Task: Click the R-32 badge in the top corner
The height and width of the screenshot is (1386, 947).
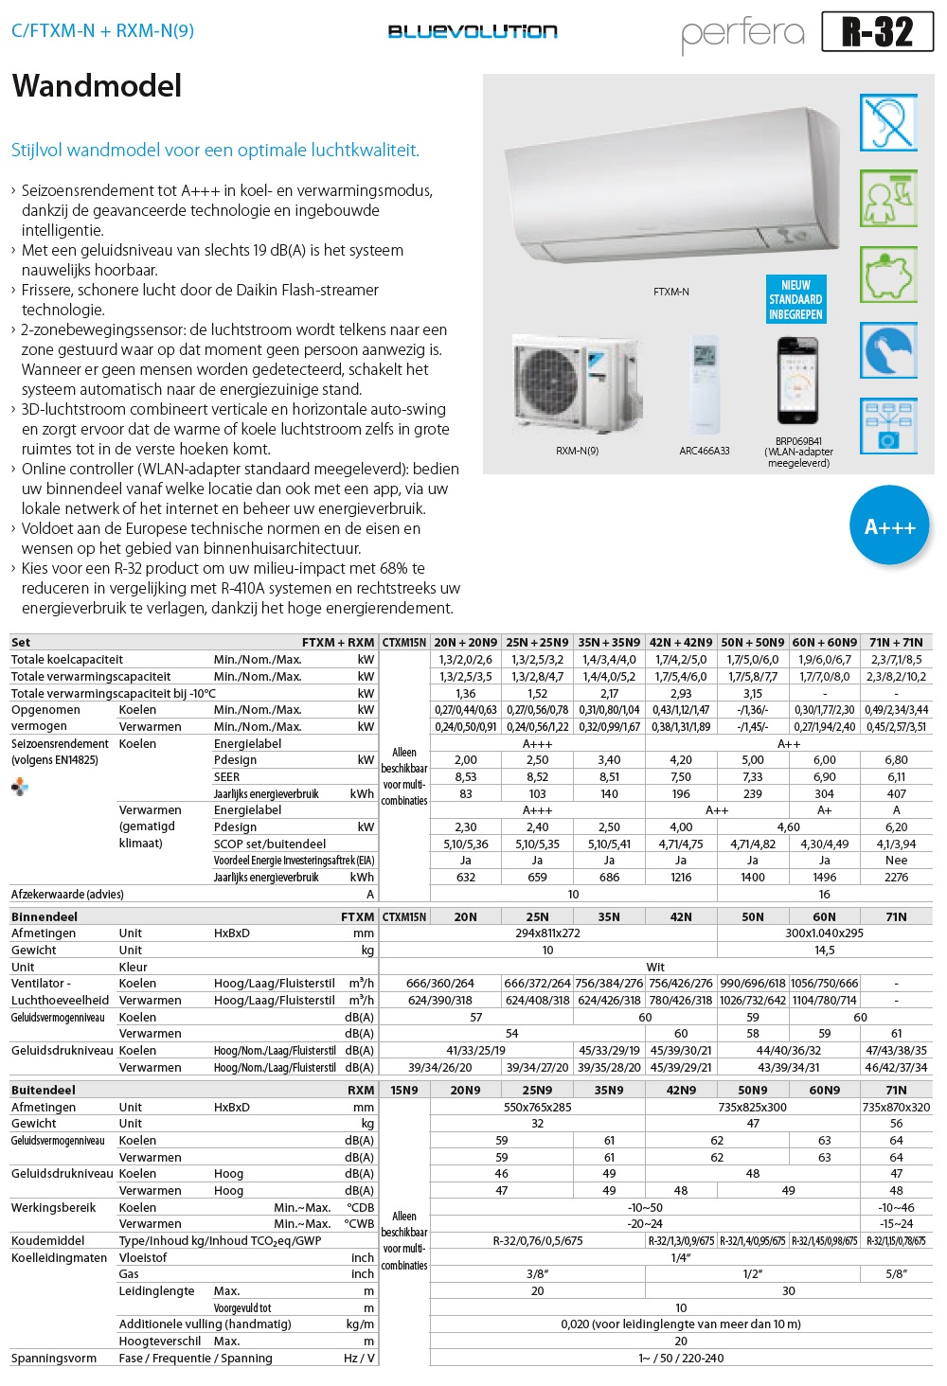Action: [877, 31]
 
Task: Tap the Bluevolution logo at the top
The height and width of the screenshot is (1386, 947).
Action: [473, 31]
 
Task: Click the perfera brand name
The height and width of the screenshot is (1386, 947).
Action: [742, 33]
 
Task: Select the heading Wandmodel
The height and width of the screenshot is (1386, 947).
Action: [97, 86]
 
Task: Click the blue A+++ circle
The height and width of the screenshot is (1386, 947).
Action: [889, 526]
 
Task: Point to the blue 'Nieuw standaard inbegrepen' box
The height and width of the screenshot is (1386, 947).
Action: [795, 299]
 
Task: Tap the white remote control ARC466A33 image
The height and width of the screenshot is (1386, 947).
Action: [705, 382]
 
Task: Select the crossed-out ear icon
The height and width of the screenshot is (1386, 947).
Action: [888, 122]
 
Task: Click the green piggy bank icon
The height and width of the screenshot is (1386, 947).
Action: [888, 275]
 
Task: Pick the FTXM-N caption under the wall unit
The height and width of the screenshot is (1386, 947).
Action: [670, 292]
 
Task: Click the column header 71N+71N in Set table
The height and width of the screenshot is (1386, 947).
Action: [896, 642]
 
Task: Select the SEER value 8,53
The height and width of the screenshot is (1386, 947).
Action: [466, 777]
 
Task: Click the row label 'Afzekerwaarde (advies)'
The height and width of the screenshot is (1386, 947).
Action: [67, 895]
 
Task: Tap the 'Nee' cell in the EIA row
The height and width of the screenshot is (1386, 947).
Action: [896, 861]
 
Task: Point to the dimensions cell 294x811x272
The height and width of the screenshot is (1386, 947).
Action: [547, 933]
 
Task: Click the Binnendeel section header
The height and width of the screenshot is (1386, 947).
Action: [45, 916]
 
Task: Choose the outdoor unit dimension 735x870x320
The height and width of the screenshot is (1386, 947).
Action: [896, 1107]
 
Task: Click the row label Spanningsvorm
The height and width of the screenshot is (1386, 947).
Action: [54, 1359]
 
